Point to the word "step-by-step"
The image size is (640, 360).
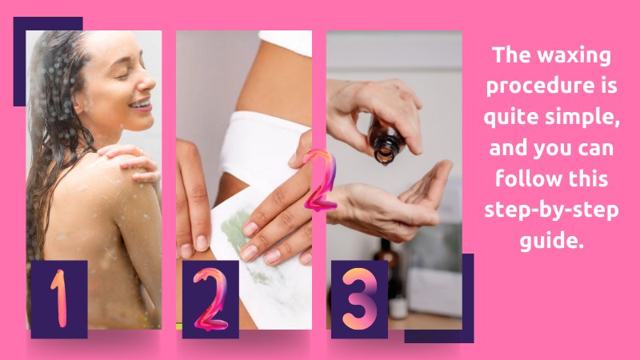(x=551, y=210)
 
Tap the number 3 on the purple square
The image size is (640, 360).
(x=359, y=298)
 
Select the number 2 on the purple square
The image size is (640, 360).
(x=210, y=299)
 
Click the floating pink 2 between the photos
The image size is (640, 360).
(x=322, y=179)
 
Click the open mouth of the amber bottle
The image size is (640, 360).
(x=385, y=155)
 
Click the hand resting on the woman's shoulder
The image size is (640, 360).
(x=130, y=162)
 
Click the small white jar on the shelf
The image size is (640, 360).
(x=398, y=307)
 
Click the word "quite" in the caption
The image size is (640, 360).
(x=511, y=117)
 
